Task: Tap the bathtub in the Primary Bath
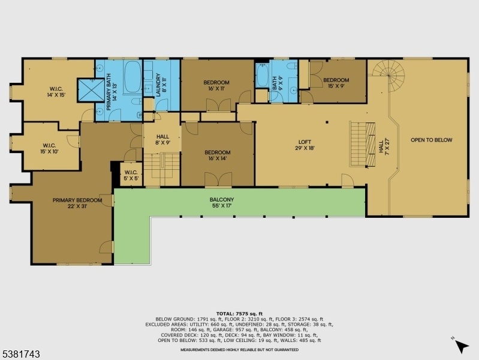(x=132, y=77)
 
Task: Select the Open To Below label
(x=432, y=140)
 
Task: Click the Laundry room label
(x=161, y=85)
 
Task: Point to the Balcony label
(x=222, y=202)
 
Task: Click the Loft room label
(x=305, y=145)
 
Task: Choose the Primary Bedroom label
(x=77, y=203)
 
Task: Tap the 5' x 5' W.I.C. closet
(x=131, y=175)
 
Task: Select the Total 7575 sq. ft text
(x=240, y=314)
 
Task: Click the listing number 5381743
(x=20, y=354)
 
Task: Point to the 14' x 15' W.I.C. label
(x=56, y=92)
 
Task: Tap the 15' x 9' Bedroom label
(x=336, y=83)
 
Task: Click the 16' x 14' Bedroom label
(x=218, y=155)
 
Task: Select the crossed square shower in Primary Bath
(x=91, y=90)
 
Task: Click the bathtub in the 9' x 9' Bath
(x=262, y=75)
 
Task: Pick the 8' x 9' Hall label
(x=162, y=139)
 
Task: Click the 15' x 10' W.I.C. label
(x=49, y=148)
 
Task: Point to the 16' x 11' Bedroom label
(x=216, y=85)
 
